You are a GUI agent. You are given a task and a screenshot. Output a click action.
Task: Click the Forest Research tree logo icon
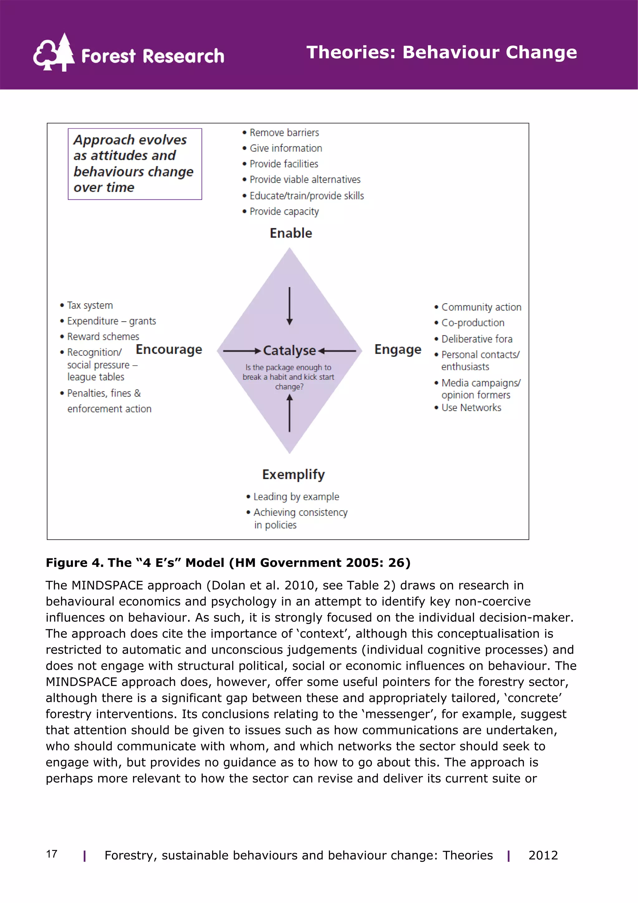54,53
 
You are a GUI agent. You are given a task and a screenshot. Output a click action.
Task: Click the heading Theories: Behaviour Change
441,52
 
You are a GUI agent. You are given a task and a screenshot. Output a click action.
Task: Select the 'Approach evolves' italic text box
135,164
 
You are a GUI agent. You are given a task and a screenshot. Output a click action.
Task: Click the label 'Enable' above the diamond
291,233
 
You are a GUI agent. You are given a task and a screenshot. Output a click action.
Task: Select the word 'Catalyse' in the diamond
289,350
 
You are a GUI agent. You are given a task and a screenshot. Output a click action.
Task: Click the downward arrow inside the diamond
290,306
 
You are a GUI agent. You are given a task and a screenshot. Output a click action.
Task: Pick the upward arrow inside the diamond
290,413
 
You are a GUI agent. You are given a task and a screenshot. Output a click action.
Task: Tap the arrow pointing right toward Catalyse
242,350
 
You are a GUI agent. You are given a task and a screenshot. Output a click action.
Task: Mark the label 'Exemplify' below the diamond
293,474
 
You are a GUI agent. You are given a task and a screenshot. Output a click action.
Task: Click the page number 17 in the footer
51,854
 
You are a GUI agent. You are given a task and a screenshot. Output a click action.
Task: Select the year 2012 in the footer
543,855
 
